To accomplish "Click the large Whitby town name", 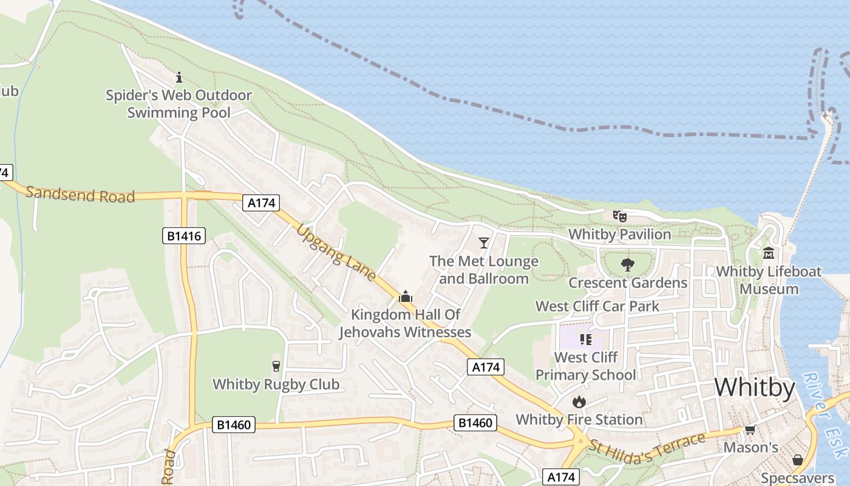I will pos(754,388).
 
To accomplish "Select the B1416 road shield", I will pos(184,235).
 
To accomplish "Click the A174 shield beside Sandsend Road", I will pos(261,203).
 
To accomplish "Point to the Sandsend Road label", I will pos(80,194).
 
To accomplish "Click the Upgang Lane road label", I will pos(336,252).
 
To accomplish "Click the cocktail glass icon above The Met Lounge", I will pos(483,243).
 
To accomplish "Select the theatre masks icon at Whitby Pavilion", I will pos(619,216).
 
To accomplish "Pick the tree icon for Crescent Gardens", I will pos(628,265).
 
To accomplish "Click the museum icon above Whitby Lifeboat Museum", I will pos(769,253).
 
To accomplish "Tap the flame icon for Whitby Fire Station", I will pos(579,402).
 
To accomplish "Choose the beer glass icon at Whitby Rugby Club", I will pos(276,366).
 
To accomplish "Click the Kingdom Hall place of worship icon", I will pos(405,296).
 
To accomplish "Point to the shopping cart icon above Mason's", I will pos(750,430).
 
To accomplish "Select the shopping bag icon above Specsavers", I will pos(797,460).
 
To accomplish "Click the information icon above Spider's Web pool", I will pos(179,77).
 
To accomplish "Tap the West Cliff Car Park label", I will pos(597,306).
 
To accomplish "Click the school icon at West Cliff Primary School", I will pos(585,339).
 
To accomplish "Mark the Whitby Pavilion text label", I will pos(619,234).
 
